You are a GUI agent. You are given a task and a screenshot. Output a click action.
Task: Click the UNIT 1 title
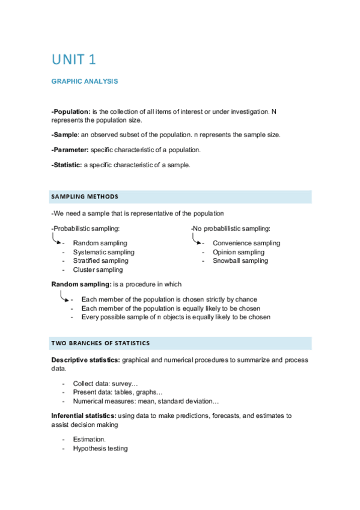pyautogui.click(x=74, y=60)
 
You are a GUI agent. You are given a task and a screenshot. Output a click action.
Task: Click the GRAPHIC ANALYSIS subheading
pyautogui.click(x=85, y=81)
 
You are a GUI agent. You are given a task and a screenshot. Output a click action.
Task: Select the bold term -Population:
pyautogui.click(x=71, y=112)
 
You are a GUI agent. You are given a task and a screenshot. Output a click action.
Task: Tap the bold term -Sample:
pyautogui.click(x=66, y=135)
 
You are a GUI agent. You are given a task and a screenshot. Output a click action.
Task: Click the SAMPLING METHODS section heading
pyautogui.click(x=85, y=197)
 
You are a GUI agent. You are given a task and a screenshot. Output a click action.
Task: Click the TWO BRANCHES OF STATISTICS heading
pyautogui.click(x=100, y=343)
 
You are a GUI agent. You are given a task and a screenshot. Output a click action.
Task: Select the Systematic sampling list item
pyautogui.click(x=103, y=252)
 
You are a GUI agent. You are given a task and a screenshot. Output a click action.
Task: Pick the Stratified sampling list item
pyautogui.click(x=100, y=261)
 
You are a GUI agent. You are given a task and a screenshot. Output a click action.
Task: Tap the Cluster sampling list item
pyautogui.click(x=97, y=270)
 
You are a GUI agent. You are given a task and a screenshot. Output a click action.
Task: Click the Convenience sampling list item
pyautogui.click(x=246, y=243)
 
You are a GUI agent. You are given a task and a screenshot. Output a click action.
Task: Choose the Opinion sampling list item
pyautogui.click(x=238, y=252)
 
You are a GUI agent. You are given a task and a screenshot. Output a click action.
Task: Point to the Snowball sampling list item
pyautogui.click(x=240, y=261)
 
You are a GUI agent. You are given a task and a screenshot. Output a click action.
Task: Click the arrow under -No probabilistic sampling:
pyautogui.click(x=197, y=239)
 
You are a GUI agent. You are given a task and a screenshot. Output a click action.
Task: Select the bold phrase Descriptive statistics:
pyautogui.click(x=86, y=360)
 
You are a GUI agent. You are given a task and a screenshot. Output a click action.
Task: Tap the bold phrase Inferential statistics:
pyautogui.click(x=85, y=416)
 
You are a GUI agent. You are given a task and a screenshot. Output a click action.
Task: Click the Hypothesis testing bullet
pyautogui.click(x=100, y=449)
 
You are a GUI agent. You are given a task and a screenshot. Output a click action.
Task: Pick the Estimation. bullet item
pyautogui.click(x=89, y=440)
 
